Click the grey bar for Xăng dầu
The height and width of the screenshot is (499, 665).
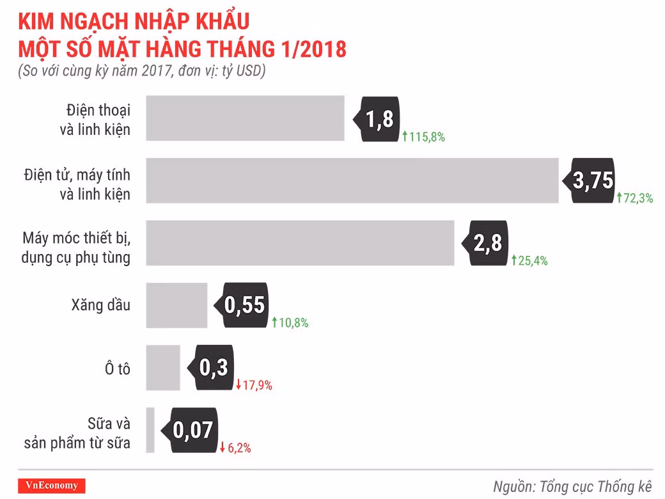[176, 305]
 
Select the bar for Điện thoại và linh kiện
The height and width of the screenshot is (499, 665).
[245, 118]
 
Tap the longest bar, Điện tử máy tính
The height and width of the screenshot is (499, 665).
[352, 180]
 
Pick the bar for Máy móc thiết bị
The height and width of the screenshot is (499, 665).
[300, 243]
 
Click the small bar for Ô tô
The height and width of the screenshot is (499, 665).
[163, 367]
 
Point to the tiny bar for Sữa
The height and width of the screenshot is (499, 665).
[150, 430]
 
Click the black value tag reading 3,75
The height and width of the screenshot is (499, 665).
[590, 181]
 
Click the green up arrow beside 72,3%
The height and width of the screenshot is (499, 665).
[619, 199]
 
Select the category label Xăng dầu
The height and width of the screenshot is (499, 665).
[101, 305]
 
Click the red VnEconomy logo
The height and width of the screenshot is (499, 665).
[47, 485]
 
